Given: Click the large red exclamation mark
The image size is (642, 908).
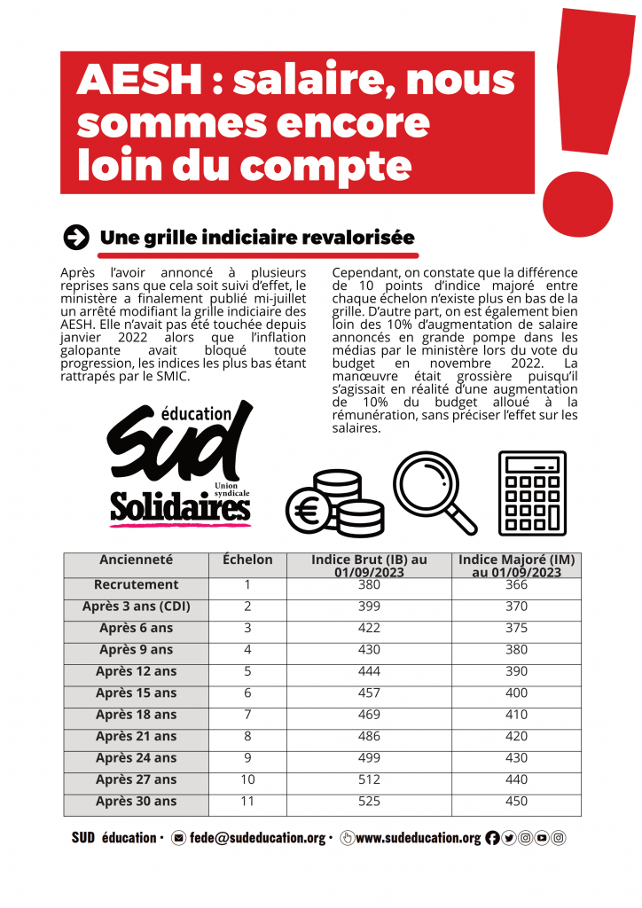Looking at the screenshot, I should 581,133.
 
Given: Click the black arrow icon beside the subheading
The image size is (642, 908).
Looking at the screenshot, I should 77,237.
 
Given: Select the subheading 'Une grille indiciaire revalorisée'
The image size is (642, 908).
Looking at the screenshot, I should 257,238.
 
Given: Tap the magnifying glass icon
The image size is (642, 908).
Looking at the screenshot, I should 433,491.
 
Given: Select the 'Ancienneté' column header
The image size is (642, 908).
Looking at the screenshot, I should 137,560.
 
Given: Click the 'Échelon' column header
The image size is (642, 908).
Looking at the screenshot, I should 247,560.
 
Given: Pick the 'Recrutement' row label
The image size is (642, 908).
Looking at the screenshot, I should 137,585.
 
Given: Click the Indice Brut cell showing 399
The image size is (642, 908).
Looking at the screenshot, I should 369,607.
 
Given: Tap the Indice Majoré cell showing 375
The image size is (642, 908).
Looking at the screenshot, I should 516,629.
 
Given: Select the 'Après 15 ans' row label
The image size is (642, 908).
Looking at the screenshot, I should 137,693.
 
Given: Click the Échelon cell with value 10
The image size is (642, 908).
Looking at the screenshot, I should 247,780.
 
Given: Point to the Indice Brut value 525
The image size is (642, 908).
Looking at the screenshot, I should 369,802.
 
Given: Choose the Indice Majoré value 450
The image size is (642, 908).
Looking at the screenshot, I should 516,802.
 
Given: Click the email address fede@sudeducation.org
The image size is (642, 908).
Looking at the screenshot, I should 256,838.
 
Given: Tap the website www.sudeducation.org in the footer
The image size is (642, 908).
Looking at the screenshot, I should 418,838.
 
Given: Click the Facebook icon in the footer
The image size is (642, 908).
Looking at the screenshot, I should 492,838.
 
